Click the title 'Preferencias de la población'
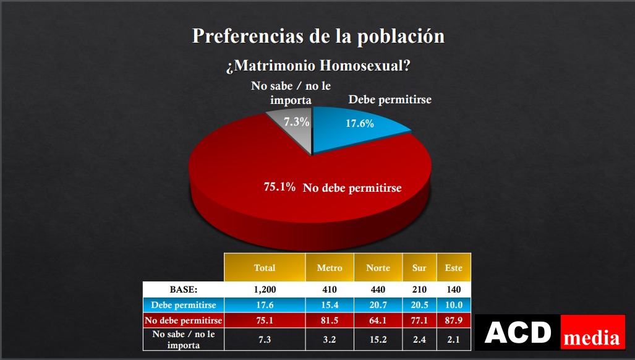[318, 36]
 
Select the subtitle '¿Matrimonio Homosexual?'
[318, 66]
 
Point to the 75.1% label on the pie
[279, 186]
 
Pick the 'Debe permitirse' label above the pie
[390, 100]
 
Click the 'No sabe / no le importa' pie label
[291, 93]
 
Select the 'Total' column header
[265, 268]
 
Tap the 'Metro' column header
[330, 268]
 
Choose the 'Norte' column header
[378, 268]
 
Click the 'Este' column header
[453, 268]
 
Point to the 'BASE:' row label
[183, 289]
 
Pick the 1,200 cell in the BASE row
[265, 289]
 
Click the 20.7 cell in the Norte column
[378, 305]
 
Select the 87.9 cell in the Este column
[453, 320]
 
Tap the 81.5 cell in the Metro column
[330, 320]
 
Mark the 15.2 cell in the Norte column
[378, 339]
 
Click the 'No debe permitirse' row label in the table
[183, 320]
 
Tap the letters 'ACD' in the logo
[518, 332]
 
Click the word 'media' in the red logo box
[592, 338]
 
